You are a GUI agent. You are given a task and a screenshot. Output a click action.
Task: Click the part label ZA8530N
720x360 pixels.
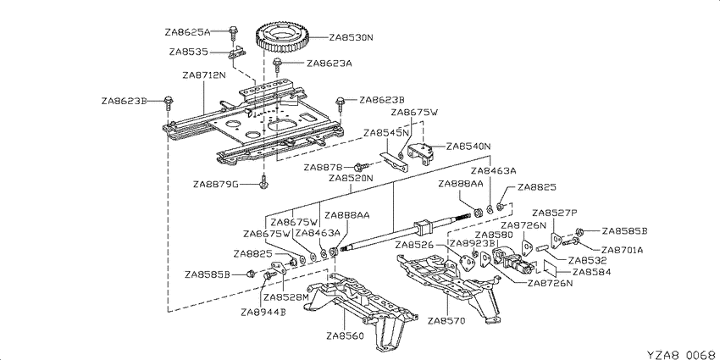351,38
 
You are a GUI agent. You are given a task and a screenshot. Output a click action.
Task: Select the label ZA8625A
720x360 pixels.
187,32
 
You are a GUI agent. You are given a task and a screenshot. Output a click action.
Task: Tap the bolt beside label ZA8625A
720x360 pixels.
233,32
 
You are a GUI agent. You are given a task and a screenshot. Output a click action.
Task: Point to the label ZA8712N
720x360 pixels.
204,75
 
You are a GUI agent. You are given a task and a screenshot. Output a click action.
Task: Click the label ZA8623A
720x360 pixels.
330,63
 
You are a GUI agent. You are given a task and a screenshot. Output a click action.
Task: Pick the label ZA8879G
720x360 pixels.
216,185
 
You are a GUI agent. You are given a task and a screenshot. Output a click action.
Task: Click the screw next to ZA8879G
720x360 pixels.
264,182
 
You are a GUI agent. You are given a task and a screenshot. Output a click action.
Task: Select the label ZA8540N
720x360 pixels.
468,147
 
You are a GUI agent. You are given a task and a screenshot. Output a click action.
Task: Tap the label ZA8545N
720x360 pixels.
385,133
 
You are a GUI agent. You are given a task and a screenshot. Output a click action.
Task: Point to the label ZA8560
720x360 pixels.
345,335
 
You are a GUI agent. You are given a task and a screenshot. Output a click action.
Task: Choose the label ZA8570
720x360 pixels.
446,320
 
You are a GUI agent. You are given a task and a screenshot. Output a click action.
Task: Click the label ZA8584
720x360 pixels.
592,272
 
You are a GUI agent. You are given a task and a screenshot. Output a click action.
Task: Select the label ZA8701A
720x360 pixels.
623,250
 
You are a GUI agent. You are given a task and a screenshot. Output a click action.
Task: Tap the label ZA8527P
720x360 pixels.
554,213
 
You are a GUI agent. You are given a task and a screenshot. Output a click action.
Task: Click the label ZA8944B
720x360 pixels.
263,313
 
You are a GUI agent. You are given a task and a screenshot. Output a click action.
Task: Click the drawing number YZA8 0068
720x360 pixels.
681,355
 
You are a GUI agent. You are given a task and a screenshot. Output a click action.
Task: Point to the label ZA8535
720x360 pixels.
188,52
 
